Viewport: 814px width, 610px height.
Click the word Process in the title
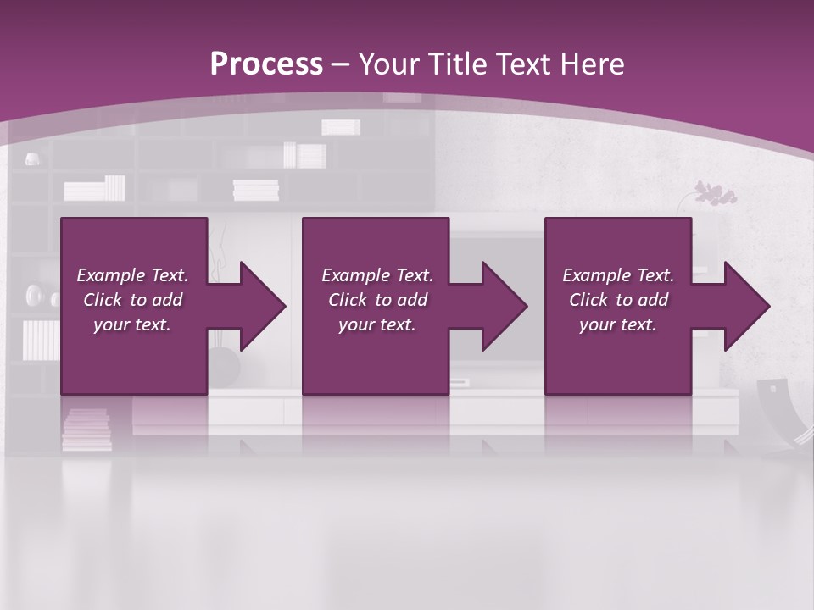click(x=266, y=64)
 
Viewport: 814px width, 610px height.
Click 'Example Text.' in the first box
click(x=132, y=275)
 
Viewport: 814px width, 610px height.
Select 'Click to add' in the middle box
click(x=377, y=300)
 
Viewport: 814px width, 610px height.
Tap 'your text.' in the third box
click(x=617, y=324)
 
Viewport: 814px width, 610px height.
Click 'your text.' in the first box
click(x=132, y=324)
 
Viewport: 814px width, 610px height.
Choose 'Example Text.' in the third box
click(x=617, y=275)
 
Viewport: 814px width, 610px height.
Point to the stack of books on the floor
click(x=86, y=429)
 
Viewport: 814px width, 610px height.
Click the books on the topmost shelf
click(x=340, y=127)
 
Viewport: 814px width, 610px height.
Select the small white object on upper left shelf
click(x=31, y=158)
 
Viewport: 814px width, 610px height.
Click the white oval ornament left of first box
click(x=35, y=295)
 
